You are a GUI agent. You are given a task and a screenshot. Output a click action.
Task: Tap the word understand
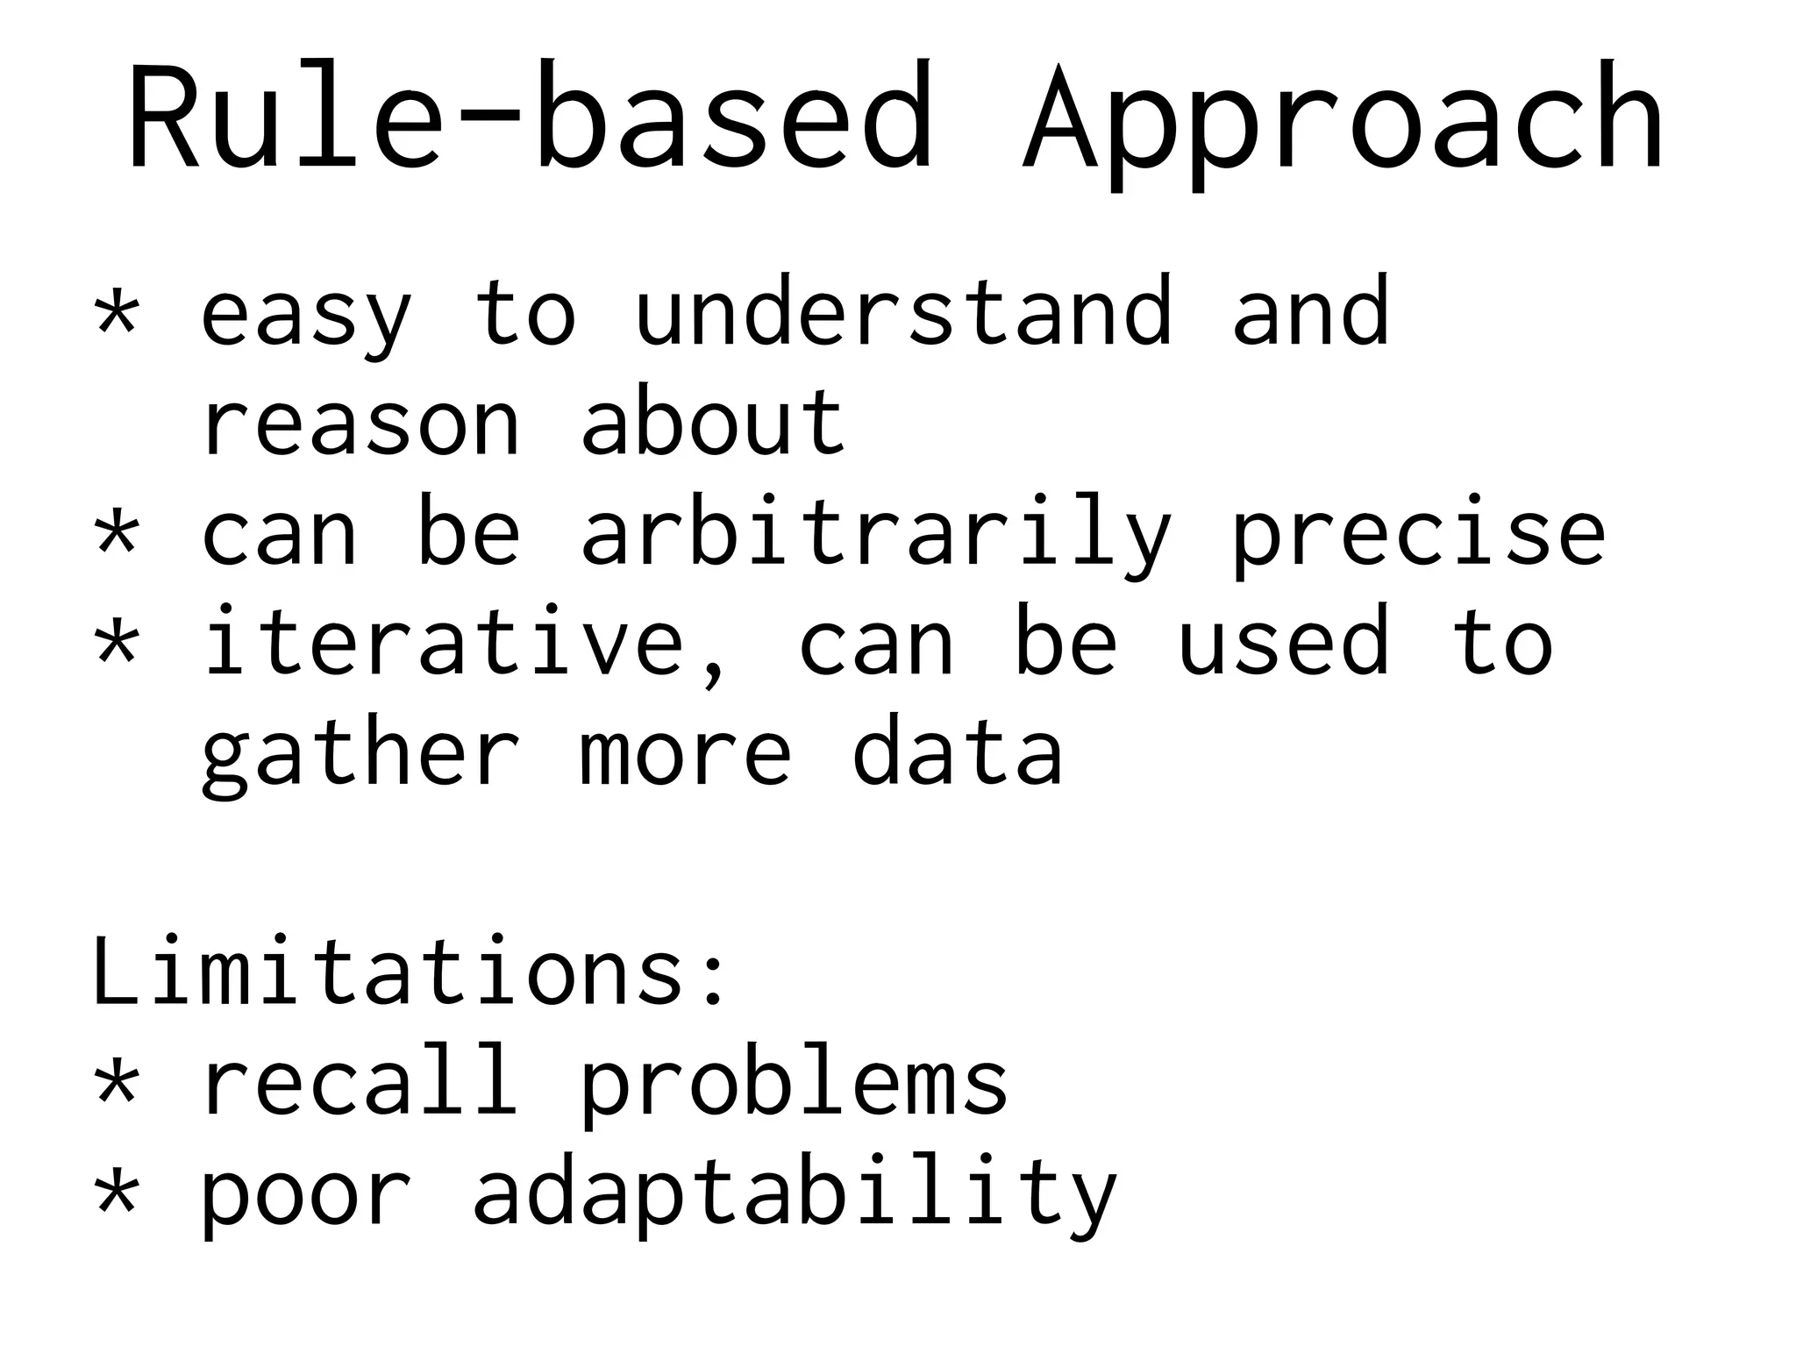[x=903, y=311]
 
